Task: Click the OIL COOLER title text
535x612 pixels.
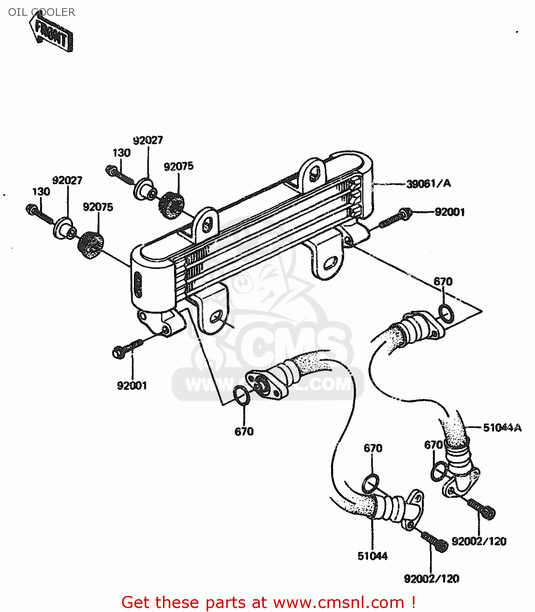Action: click(x=41, y=12)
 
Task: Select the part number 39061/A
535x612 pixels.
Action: click(x=428, y=184)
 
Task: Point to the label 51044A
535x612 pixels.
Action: click(x=502, y=428)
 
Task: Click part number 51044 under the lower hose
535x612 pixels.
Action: click(x=372, y=556)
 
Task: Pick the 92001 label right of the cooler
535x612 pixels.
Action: click(x=450, y=212)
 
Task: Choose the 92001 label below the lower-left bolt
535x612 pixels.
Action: click(x=132, y=386)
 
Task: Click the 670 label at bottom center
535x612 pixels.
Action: click(x=244, y=431)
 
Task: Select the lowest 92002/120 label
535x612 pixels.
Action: click(x=431, y=579)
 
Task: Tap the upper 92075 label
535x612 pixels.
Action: click(x=178, y=166)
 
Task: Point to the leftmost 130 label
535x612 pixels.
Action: click(x=41, y=191)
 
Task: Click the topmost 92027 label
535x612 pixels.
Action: click(x=148, y=140)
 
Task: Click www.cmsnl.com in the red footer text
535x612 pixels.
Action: click(x=339, y=602)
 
